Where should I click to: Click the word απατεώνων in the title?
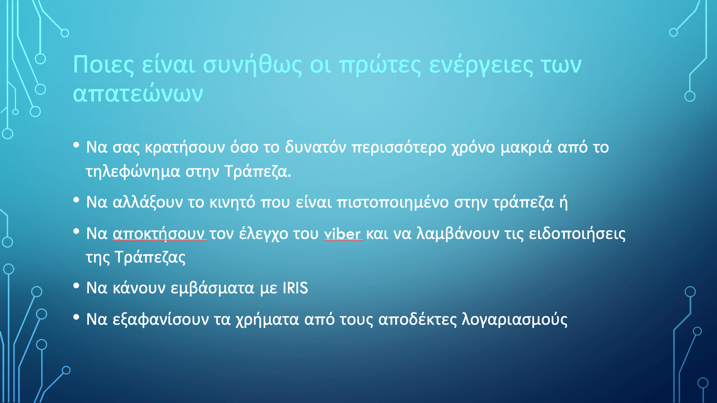(x=138, y=93)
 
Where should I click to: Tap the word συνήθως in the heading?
(x=252, y=65)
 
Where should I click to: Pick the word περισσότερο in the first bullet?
(x=399, y=148)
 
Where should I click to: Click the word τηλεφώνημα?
(x=133, y=172)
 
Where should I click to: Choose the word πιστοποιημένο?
(x=393, y=202)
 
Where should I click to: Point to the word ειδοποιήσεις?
(x=577, y=234)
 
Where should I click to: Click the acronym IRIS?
(x=295, y=288)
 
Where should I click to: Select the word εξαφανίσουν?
(x=161, y=320)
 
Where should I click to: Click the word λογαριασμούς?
(x=514, y=320)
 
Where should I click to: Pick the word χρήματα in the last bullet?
(x=267, y=320)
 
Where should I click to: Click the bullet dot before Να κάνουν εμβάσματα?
(x=76, y=285)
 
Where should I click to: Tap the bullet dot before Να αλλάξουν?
(x=76, y=200)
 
